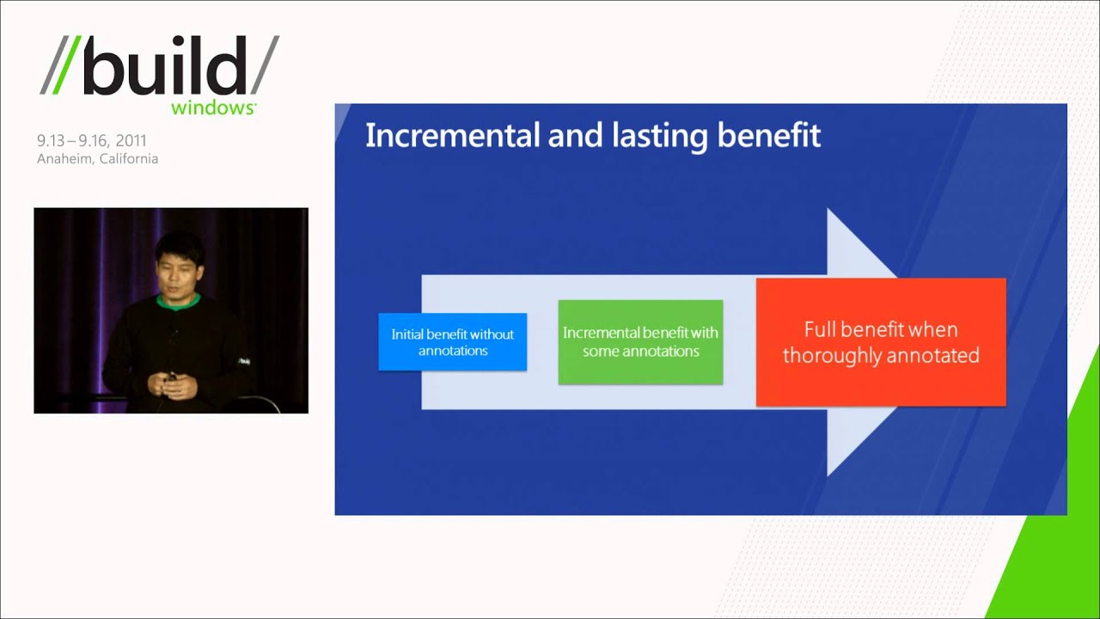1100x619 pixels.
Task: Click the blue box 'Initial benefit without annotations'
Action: point(452,342)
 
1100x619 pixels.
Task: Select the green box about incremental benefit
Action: point(640,342)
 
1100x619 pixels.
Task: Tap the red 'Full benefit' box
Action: point(881,342)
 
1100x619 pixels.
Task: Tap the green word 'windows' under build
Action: point(212,108)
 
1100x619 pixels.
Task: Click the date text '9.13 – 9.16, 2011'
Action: point(91,141)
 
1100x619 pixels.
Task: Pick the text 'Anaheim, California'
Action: point(97,159)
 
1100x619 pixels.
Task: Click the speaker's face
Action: point(179,268)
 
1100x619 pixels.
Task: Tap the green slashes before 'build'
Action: point(61,65)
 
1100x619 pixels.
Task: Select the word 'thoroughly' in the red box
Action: point(824,355)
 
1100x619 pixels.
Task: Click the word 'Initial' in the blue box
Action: point(408,334)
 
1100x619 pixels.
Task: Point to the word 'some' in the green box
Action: point(601,352)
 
